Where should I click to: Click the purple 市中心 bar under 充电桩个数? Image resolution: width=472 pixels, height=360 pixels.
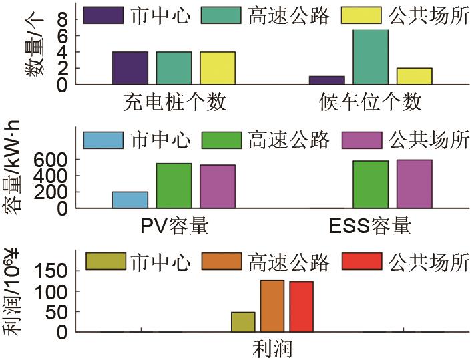tap(130, 68)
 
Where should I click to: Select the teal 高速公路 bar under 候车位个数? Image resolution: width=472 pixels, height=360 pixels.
tap(371, 57)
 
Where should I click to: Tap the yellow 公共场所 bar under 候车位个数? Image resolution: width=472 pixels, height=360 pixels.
tap(414, 76)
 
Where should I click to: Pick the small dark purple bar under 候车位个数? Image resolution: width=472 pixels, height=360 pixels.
tap(327, 80)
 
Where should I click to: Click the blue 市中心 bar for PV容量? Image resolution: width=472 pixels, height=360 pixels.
tap(130, 200)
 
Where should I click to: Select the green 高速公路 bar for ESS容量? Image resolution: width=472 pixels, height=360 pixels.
tap(371, 184)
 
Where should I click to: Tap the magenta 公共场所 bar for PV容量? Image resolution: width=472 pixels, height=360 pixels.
tap(217, 186)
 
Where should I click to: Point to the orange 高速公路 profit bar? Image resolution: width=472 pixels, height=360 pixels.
tap(272, 306)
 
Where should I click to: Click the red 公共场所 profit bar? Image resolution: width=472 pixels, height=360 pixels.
tap(301, 307)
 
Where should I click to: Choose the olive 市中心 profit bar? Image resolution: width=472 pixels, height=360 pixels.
tap(243, 322)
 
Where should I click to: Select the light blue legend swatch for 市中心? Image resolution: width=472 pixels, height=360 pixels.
tap(103, 140)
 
